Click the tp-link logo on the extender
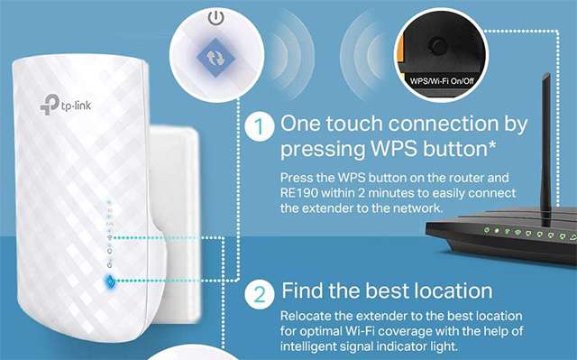coord(56,106)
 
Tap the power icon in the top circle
coord(215,17)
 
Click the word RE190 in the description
coord(301,193)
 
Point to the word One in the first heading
coord(303,124)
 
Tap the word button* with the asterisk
coord(467,148)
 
